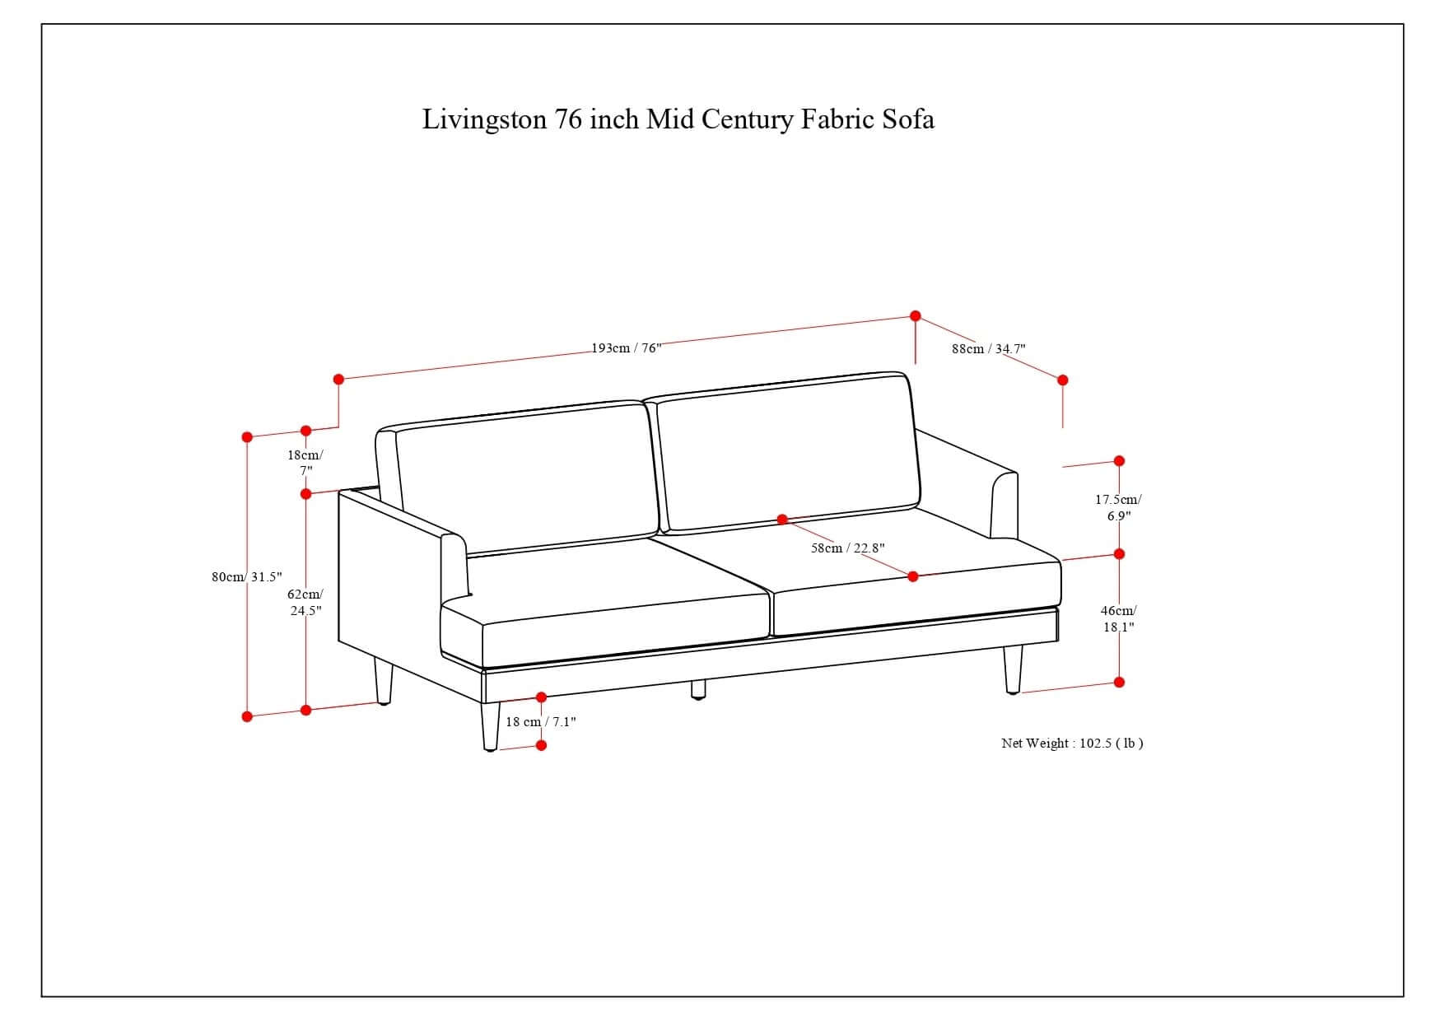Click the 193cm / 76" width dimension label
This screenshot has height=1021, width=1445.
(626, 348)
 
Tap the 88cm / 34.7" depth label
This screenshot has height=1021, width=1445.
(988, 348)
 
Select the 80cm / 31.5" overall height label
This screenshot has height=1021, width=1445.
(246, 576)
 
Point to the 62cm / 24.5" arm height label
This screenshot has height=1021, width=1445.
(305, 602)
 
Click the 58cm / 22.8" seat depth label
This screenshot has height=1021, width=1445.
(847, 548)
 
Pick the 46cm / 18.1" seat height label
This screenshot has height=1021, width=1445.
(1118, 618)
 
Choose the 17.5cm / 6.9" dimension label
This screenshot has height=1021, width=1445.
(1118, 507)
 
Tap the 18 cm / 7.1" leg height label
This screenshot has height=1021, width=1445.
(540, 722)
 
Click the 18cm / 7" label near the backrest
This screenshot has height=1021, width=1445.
(305, 462)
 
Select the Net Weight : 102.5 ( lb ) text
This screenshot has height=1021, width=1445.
(1072, 743)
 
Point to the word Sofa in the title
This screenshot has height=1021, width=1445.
(908, 119)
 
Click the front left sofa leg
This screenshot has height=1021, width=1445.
(490, 725)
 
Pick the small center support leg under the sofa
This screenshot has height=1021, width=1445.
(698, 689)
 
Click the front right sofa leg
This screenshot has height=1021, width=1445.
(1013, 669)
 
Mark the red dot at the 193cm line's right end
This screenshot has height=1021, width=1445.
(916, 316)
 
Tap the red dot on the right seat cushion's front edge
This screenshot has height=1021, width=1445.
(912, 576)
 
